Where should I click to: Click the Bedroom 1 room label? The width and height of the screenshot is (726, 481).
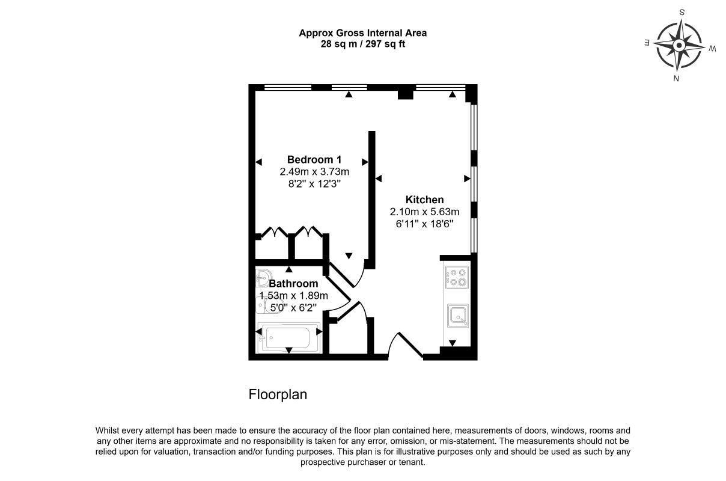point(314,159)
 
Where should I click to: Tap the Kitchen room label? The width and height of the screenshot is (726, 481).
point(424,200)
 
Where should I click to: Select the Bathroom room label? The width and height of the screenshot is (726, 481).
point(293,283)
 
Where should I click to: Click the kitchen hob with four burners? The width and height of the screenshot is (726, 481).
point(457,277)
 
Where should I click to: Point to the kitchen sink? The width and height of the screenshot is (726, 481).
point(457,316)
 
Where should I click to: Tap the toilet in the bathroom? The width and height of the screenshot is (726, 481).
point(266,305)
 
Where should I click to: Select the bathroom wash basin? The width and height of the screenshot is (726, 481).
point(263,278)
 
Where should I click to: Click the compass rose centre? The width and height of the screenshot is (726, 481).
point(679,46)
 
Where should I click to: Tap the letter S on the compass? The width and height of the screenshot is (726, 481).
point(682,13)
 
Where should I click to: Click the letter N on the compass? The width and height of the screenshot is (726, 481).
point(676,79)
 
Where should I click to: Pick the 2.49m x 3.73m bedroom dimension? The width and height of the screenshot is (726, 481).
point(314,171)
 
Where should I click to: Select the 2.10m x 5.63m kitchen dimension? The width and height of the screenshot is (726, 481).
point(424,212)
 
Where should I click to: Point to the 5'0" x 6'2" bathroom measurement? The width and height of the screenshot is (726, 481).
point(293,307)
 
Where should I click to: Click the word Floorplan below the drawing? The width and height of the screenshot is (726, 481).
point(278,395)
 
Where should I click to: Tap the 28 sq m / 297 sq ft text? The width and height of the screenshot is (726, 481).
point(362,44)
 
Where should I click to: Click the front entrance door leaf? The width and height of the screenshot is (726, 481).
point(410,346)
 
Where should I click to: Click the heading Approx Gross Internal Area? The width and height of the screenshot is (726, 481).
point(362,32)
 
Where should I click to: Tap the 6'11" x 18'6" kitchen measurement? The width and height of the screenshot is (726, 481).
point(424,224)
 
